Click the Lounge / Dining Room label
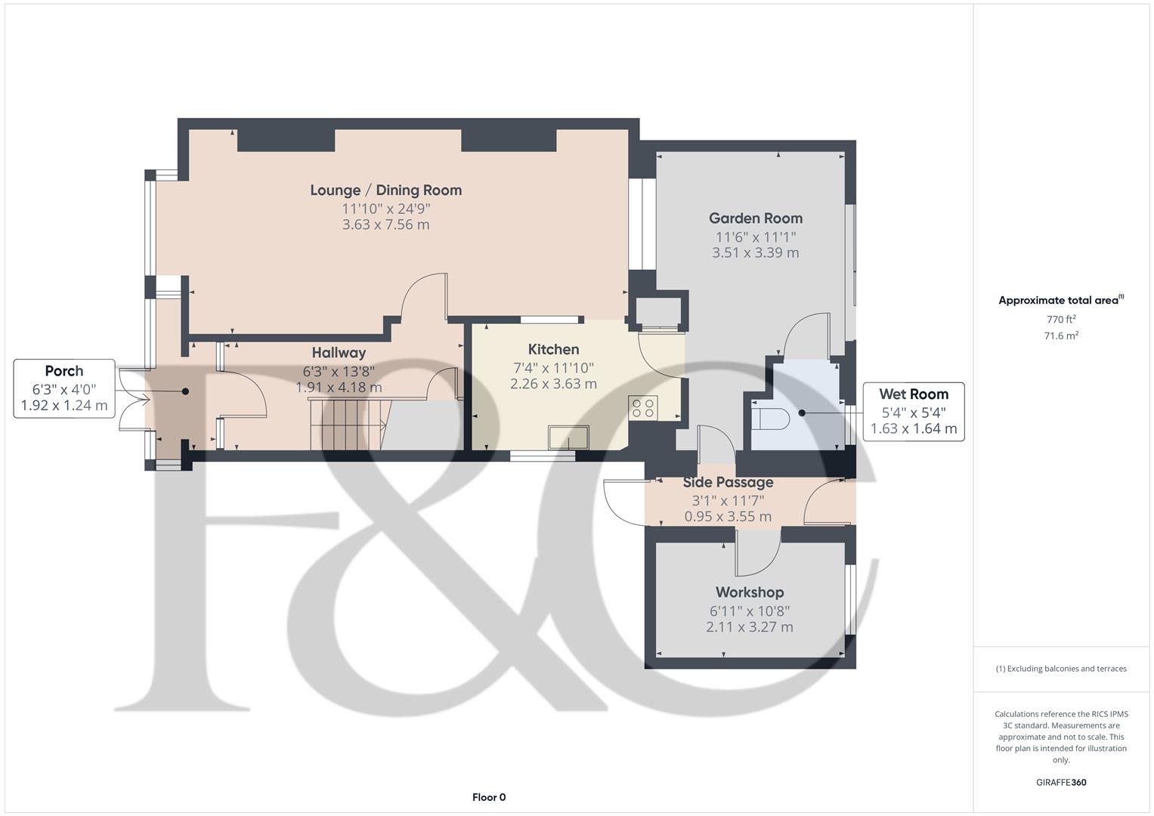[x=385, y=190]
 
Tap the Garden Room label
[x=755, y=218]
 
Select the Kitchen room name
[x=553, y=349]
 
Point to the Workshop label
[x=749, y=592]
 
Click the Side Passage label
[x=728, y=482]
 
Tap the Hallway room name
[x=339, y=353]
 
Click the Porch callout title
[x=64, y=371]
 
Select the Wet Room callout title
[x=913, y=394]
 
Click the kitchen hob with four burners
[x=643, y=408]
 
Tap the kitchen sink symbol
[x=569, y=437]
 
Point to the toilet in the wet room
[x=770, y=417]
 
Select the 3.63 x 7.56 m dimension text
[x=385, y=224]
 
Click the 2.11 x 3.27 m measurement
[x=749, y=627]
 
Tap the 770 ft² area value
[x=1061, y=320]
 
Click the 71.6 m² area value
[x=1061, y=336]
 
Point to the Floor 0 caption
[x=488, y=797]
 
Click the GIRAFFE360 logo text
[x=1061, y=782]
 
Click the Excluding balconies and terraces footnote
[x=1061, y=669]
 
